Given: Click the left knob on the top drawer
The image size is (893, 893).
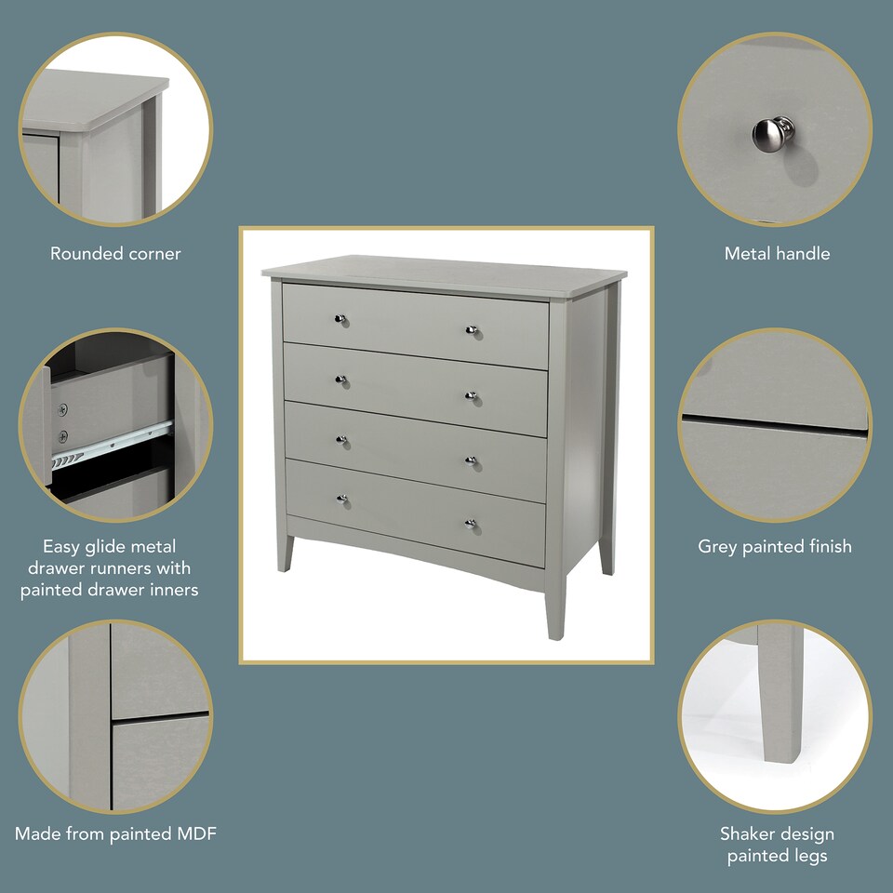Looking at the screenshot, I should click(341, 319).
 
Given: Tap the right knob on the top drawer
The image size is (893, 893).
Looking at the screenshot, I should click(472, 329).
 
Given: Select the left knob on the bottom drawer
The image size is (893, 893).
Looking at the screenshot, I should click(342, 500).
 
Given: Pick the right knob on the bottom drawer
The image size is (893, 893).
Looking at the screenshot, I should click(472, 523).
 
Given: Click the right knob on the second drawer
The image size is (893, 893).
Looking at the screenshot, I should click(472, 395).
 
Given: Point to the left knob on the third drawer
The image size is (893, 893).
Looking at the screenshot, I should click(342, 440).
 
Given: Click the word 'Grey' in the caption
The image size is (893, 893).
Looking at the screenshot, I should click(718, 546).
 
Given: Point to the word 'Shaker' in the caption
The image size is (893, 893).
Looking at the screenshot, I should click(747, 833).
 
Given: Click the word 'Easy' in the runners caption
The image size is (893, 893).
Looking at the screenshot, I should click(60, 546).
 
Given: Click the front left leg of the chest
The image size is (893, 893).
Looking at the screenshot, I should click(283, 553).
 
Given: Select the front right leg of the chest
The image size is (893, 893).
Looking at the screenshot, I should click(555, 609).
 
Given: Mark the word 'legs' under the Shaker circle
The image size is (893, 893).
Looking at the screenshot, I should click(811, 856).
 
